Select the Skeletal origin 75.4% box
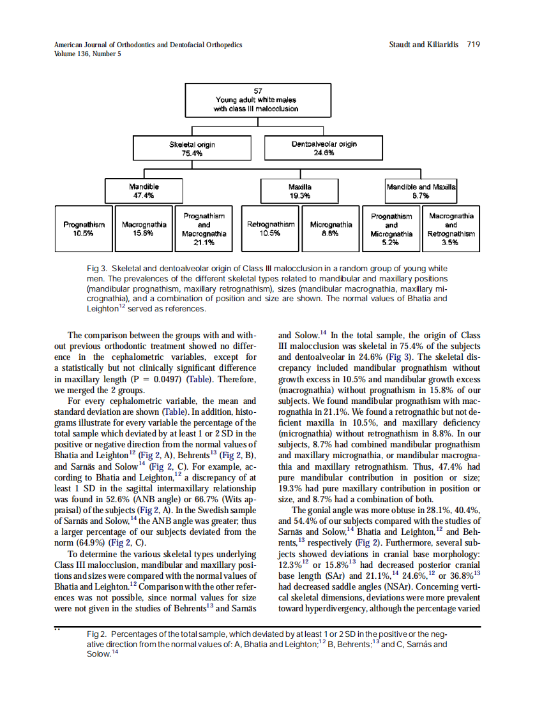coord(192,149)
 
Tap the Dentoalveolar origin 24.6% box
coord(324,149)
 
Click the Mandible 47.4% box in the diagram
coord(144,190)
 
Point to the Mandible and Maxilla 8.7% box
coord(421,190)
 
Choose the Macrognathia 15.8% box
coord(144,228)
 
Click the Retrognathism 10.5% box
coord(271,228)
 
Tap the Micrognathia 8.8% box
coord(331,228)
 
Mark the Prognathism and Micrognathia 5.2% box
coord(391,228)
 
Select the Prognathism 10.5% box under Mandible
coord(84,228)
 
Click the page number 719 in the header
coord(473,45)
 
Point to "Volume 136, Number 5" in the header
coord(87,54)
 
